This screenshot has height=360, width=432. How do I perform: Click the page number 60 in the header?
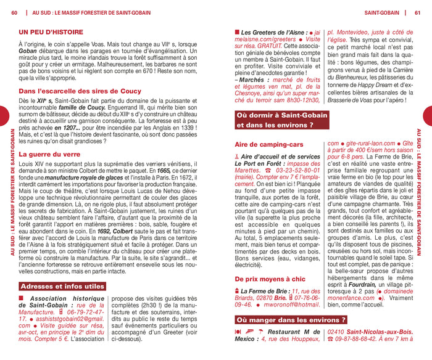click(x=14, y=12)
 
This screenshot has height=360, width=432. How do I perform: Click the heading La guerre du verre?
click(x=49, y=154)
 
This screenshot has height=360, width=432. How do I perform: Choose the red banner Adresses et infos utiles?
click(x=62, y=287)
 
